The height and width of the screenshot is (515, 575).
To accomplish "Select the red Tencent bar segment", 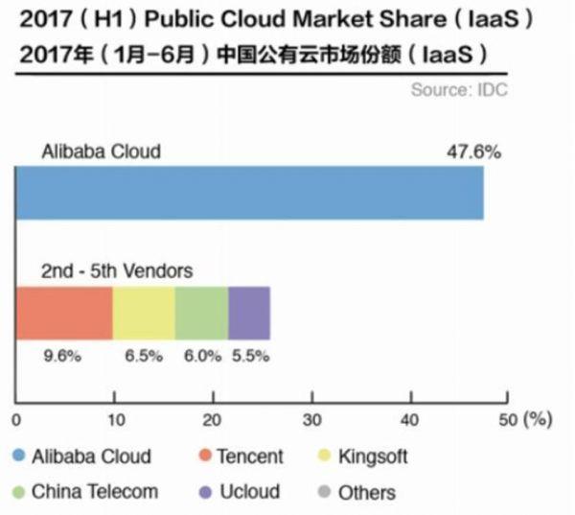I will tap(64, 313).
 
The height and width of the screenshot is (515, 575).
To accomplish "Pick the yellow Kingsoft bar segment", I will tap(144, 313).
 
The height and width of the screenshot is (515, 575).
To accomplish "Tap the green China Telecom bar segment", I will tap(201, 313).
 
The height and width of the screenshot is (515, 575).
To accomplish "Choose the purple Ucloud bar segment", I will tap(249, 313).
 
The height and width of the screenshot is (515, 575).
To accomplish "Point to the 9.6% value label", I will tap(63, 356).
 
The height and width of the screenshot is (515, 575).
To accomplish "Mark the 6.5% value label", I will tap(146, 356).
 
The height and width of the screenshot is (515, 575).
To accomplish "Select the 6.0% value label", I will tap(202, 356).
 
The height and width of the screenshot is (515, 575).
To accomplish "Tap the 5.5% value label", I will tap(251, 356).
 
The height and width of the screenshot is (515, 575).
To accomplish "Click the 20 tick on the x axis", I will tap(213, 419).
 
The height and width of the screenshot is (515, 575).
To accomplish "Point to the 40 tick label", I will tap(409, 419).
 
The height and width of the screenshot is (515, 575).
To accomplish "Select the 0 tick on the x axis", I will tap(16, 419).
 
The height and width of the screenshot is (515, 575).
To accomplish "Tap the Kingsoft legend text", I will tap(373, 457).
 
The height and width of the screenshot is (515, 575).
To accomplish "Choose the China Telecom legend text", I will tap(94, 492).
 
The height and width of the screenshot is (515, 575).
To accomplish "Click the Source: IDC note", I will tap(459, 91).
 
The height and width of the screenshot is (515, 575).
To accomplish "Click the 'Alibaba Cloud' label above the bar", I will tap(101, 151).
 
